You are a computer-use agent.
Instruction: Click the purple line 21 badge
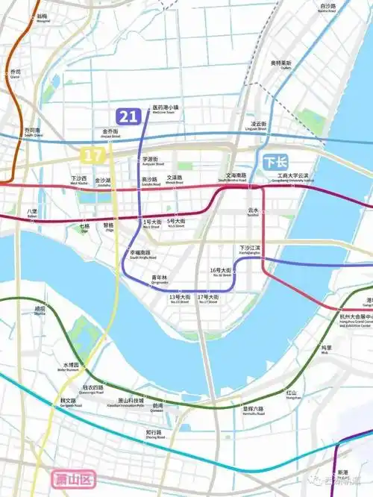point(128,116)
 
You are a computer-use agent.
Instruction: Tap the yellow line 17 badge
point(92,155)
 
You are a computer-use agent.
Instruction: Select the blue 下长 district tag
point(275,161)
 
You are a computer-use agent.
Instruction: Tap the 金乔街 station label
point(110,133)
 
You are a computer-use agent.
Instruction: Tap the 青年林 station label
point(160,278)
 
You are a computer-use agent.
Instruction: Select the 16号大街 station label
point(222,271)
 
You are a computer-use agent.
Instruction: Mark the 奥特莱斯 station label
point(281,63)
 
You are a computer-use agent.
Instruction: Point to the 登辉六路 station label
point(254,409)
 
